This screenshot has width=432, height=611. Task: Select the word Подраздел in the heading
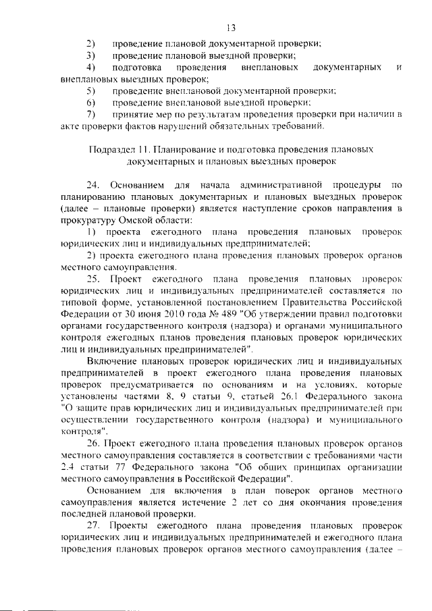tap(110, 149)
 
